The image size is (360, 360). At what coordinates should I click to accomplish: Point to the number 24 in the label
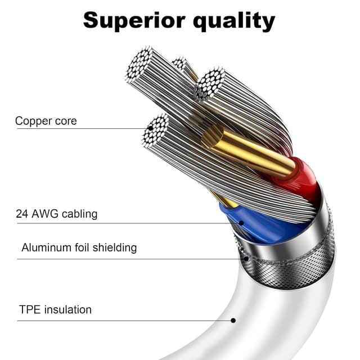click(22, 214)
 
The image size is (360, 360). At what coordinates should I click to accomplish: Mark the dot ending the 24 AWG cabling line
click(241, 223)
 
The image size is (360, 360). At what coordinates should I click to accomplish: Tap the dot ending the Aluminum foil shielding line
click(246, 259)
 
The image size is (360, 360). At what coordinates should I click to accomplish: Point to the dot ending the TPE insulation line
click(233, 321)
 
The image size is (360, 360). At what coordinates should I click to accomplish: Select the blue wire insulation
click(259, 225)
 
